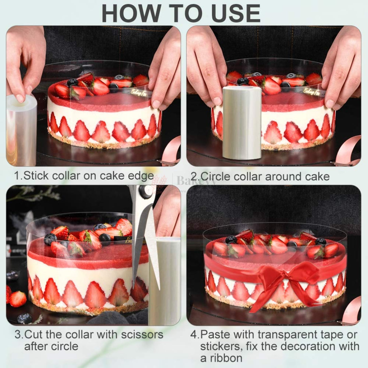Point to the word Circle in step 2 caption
tap(217, 176)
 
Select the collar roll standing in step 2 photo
tap(242, 123)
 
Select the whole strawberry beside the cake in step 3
tap(17, 299)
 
